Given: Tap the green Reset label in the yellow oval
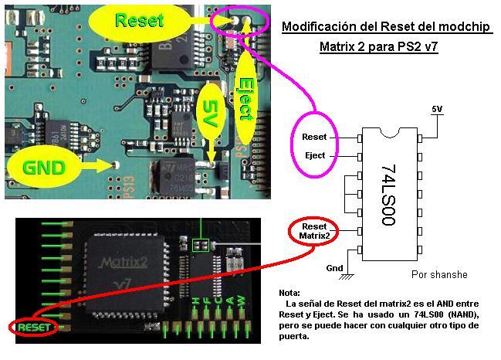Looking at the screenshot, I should point(140,20).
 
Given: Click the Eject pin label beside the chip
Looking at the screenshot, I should point(315,155).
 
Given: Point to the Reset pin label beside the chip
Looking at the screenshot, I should point(315,137).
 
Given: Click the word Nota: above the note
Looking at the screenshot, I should point(289,294).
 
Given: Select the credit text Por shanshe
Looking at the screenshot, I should point(439,275).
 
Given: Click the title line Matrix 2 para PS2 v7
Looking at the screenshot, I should point(379,47).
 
